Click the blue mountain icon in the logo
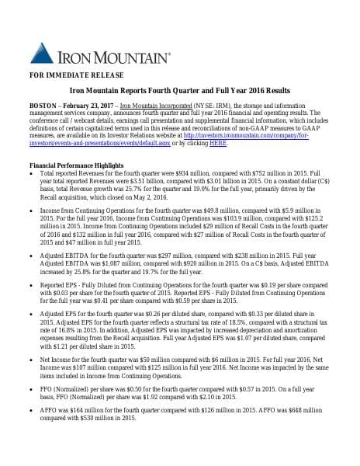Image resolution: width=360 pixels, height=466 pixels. [x=42, y=52]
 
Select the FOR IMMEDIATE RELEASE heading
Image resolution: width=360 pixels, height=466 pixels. [x=71, y=77]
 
